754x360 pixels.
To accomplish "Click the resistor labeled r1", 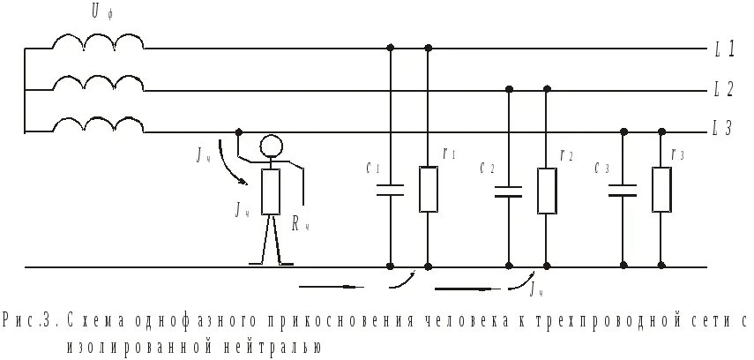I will coord(429,190).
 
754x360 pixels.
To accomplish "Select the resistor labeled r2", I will coord(547,191).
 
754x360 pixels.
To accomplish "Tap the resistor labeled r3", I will coord(661,191).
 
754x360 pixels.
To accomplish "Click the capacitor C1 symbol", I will coord(391,189).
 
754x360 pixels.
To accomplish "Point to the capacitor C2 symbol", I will coord(508,190).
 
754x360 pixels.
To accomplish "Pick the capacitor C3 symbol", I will coord(623,190).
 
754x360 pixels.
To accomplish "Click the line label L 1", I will coord(724,49).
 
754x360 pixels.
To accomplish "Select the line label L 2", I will coord(724,89).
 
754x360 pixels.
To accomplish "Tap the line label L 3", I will coord(724,129).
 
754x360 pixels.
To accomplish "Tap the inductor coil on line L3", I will coord(97,124).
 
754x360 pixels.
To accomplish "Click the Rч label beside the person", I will coord(299,224).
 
